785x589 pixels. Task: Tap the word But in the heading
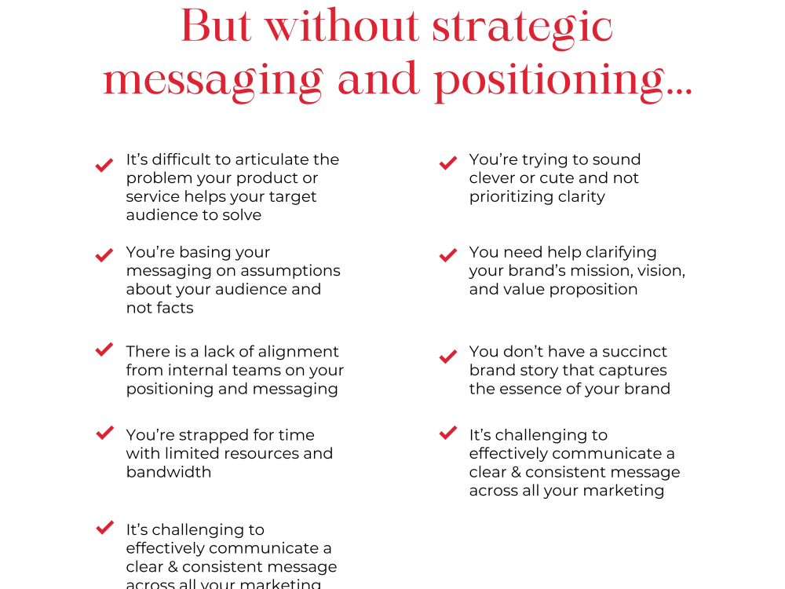(217, 27)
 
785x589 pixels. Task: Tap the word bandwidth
(169, 472)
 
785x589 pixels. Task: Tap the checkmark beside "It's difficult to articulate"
(104, 165)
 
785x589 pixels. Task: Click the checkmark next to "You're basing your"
(104, 255)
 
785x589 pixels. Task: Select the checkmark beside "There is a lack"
(104, 349)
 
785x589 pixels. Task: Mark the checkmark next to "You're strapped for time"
(104, 433)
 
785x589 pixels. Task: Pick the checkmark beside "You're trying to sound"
(448, 163)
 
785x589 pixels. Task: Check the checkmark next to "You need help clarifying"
(448, 255)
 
